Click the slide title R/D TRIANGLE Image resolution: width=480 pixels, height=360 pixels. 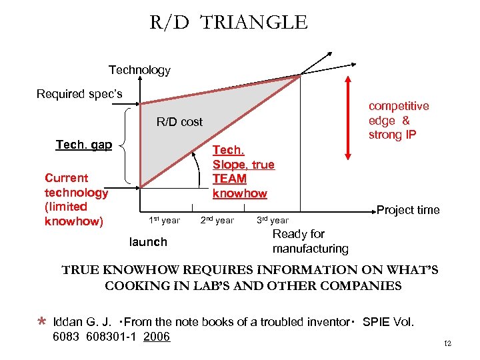pyautogui.click(x=229, y=23)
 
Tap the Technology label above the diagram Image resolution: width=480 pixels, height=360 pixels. pyautogui.click(x=139, y=70)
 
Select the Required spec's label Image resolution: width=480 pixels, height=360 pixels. pyautogui.click(x=79, y=94)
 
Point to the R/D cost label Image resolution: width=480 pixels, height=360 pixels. pyautogui.click(x=179, y=121)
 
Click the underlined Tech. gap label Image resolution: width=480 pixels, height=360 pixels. pyautogui.click(x=84, y=145)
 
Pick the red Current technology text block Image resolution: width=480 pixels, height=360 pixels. pyautogui.click(x=76, y=199)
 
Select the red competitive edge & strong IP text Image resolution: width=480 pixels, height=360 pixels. pyautogui.click(x=399, y=121)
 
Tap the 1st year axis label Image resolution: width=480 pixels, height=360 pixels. pyautogui.click(x=163, y=220)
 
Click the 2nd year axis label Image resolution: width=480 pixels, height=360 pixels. pyautogui.click(x=217, y=220)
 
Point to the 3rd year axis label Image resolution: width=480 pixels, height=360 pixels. pyautogui.click(x=272, y=220)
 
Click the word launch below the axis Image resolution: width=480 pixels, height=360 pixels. pyautogui.click(x=149, y=241)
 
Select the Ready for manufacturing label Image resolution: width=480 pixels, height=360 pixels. pyautogui.click(x=310, y=241)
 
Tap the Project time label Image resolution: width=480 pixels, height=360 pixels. pyautogui.click(x=408, y=210)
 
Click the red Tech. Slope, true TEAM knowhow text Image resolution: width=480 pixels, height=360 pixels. pyautogui.click(x=243, y=172)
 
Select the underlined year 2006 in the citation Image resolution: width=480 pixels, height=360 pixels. pyautogui.click(x=157, y=337)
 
